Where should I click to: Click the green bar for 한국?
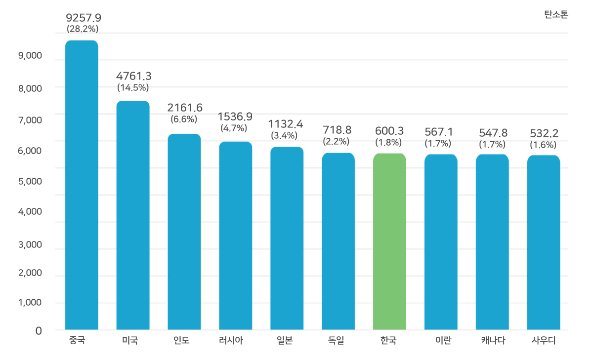tap(389, 237)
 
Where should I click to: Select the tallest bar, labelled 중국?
tap(83, 188)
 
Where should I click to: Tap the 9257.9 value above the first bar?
tap(84, 18)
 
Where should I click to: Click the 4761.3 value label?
tap(133, 76)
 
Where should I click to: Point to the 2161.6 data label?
tap(185, 108)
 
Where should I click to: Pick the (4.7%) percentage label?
tap(234, 128)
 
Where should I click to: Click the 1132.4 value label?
tap(285, 123)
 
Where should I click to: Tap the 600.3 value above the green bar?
tap(389, 131)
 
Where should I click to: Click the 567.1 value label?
tap(439, 132)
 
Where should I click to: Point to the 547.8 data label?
tap(493, 133)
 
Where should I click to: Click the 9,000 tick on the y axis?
tap(30, 56)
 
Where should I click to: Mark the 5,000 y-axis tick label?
tap(30, 182)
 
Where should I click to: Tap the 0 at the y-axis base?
tap(38, 330)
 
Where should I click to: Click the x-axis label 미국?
tap(130, 340)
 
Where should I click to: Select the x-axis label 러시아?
tap(231, 340)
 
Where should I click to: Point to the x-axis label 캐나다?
tap(493, 340)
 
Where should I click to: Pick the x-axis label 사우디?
tap(544, 340)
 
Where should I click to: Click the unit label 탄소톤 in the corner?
tap(556, 14)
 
